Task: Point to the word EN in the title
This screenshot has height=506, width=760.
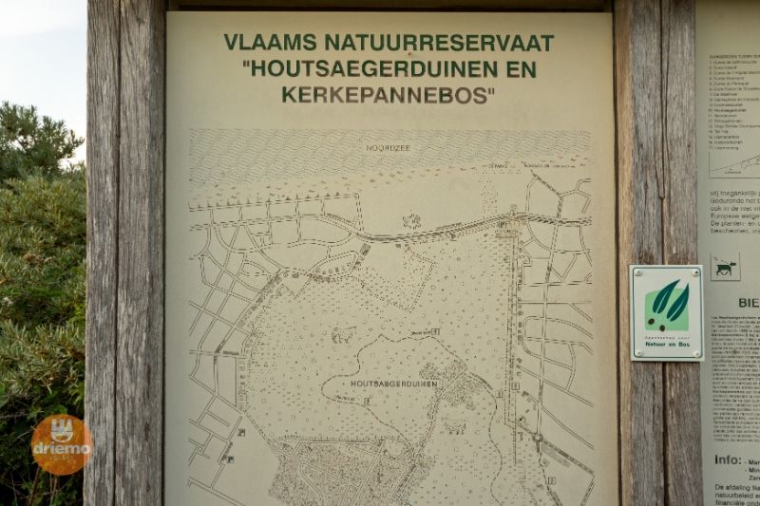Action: [522, 69]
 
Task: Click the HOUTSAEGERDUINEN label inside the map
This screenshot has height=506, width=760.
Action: [393, 384]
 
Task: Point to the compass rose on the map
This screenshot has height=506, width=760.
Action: [411, 221]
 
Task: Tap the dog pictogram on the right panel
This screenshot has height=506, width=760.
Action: [725, 268]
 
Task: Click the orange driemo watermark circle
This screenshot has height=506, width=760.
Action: [62, 444]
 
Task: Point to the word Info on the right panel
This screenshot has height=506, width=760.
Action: [728, 459]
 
